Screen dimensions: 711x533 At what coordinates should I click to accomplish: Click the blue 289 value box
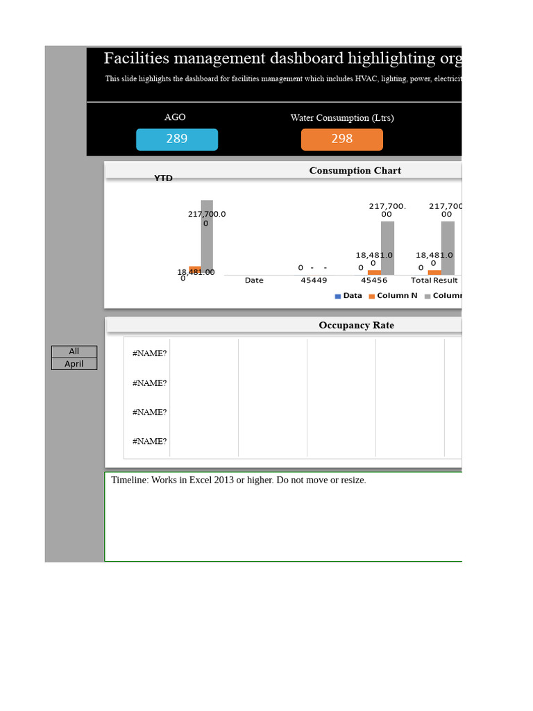(x=177, y=139)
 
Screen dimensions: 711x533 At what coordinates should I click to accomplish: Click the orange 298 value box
(x=341, y=139)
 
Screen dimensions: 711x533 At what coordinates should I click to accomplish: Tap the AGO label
(x=175, y=117)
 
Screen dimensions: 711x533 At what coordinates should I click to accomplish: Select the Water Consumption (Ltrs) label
(x=342, y=117)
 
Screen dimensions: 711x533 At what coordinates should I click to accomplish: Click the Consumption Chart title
(x=355, y=171)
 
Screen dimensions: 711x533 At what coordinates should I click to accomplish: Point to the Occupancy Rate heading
(x=356, y=325)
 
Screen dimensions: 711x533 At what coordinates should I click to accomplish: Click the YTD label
(x=163, y=178)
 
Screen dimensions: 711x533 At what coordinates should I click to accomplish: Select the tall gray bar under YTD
(x=207, y=240)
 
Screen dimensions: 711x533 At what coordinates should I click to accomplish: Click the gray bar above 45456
(x=387, y=248)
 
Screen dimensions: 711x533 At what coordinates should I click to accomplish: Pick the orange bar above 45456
(x=375, y=272)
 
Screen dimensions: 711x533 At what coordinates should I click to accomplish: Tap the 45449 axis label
(x=314, y=281)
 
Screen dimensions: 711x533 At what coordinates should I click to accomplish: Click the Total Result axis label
(x=434, y=281)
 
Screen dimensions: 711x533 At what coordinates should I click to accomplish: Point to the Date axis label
(x=254, y=281)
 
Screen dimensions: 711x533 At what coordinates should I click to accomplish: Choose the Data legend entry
(x=348, y=296)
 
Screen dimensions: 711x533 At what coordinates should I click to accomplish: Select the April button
(x=74, y=364)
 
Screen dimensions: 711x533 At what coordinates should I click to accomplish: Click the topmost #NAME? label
(x=149, y=353)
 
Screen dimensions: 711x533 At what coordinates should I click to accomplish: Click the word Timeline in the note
(x=129, y=480)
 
